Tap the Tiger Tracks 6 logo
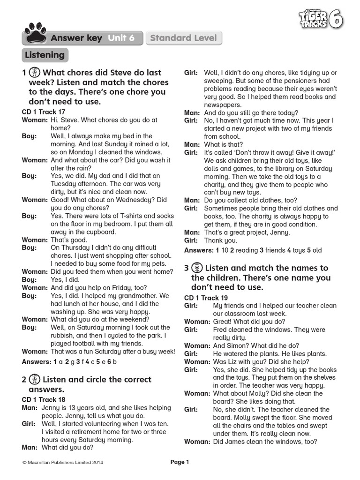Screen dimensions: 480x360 (320, 19)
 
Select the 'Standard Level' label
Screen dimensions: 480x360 (183, 38)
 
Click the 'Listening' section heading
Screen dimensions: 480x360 (45, 55)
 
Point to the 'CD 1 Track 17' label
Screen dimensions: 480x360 (44, 112)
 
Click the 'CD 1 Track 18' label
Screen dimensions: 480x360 (44, 400)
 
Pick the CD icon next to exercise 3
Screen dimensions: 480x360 (197, 268)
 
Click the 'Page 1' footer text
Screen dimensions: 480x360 (180, 462)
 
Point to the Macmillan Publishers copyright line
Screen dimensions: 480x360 (62, 463)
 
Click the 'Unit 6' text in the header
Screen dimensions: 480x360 (121, 38)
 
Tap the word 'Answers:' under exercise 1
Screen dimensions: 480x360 (37, 362)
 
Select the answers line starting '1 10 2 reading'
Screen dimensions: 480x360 (253, 250)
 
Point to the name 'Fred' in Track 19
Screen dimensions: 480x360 (220, 330)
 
